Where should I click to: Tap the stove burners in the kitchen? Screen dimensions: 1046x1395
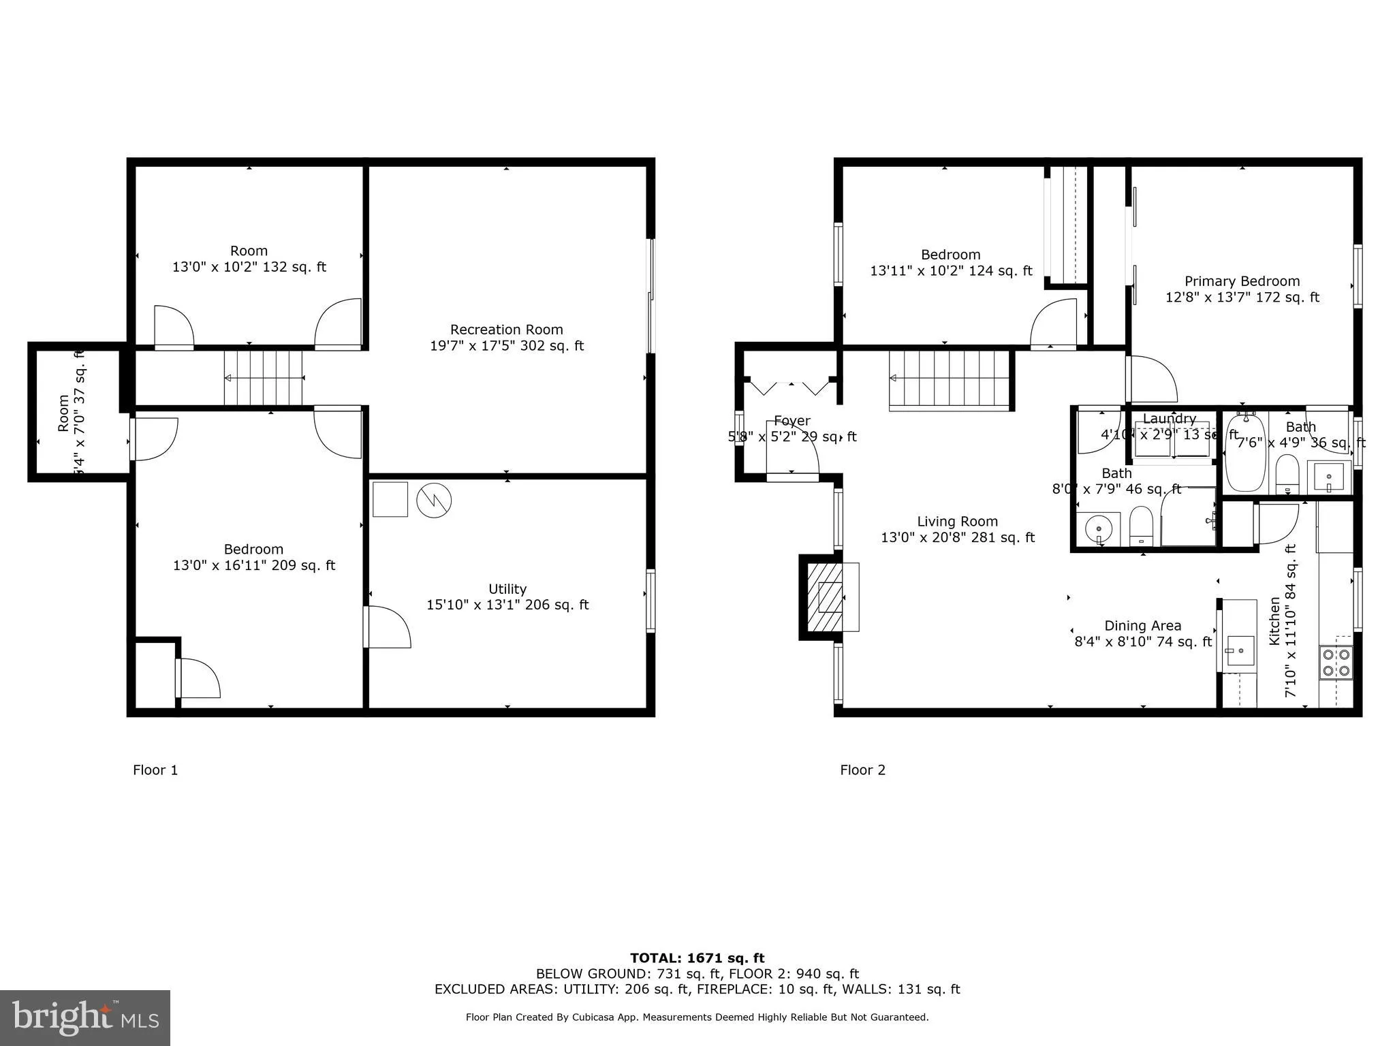coord(1336,663)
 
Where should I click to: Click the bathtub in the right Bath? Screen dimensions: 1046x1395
coord(1245,452)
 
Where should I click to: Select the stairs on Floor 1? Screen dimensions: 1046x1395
coord(264,378)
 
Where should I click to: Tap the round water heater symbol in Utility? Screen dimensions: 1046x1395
coord(434,501)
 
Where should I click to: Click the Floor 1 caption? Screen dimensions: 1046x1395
coord(155,770)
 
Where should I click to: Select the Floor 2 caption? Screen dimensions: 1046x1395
coord(862,770)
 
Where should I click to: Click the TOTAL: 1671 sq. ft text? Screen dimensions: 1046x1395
coord(697,959)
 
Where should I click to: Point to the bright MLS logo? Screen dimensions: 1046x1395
coord(85,1017)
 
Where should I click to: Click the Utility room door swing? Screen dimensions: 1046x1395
coord(388,627)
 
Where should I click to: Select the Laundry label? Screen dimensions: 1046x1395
coord(1169,419)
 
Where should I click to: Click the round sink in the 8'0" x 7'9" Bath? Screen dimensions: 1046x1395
coord(1098,528)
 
